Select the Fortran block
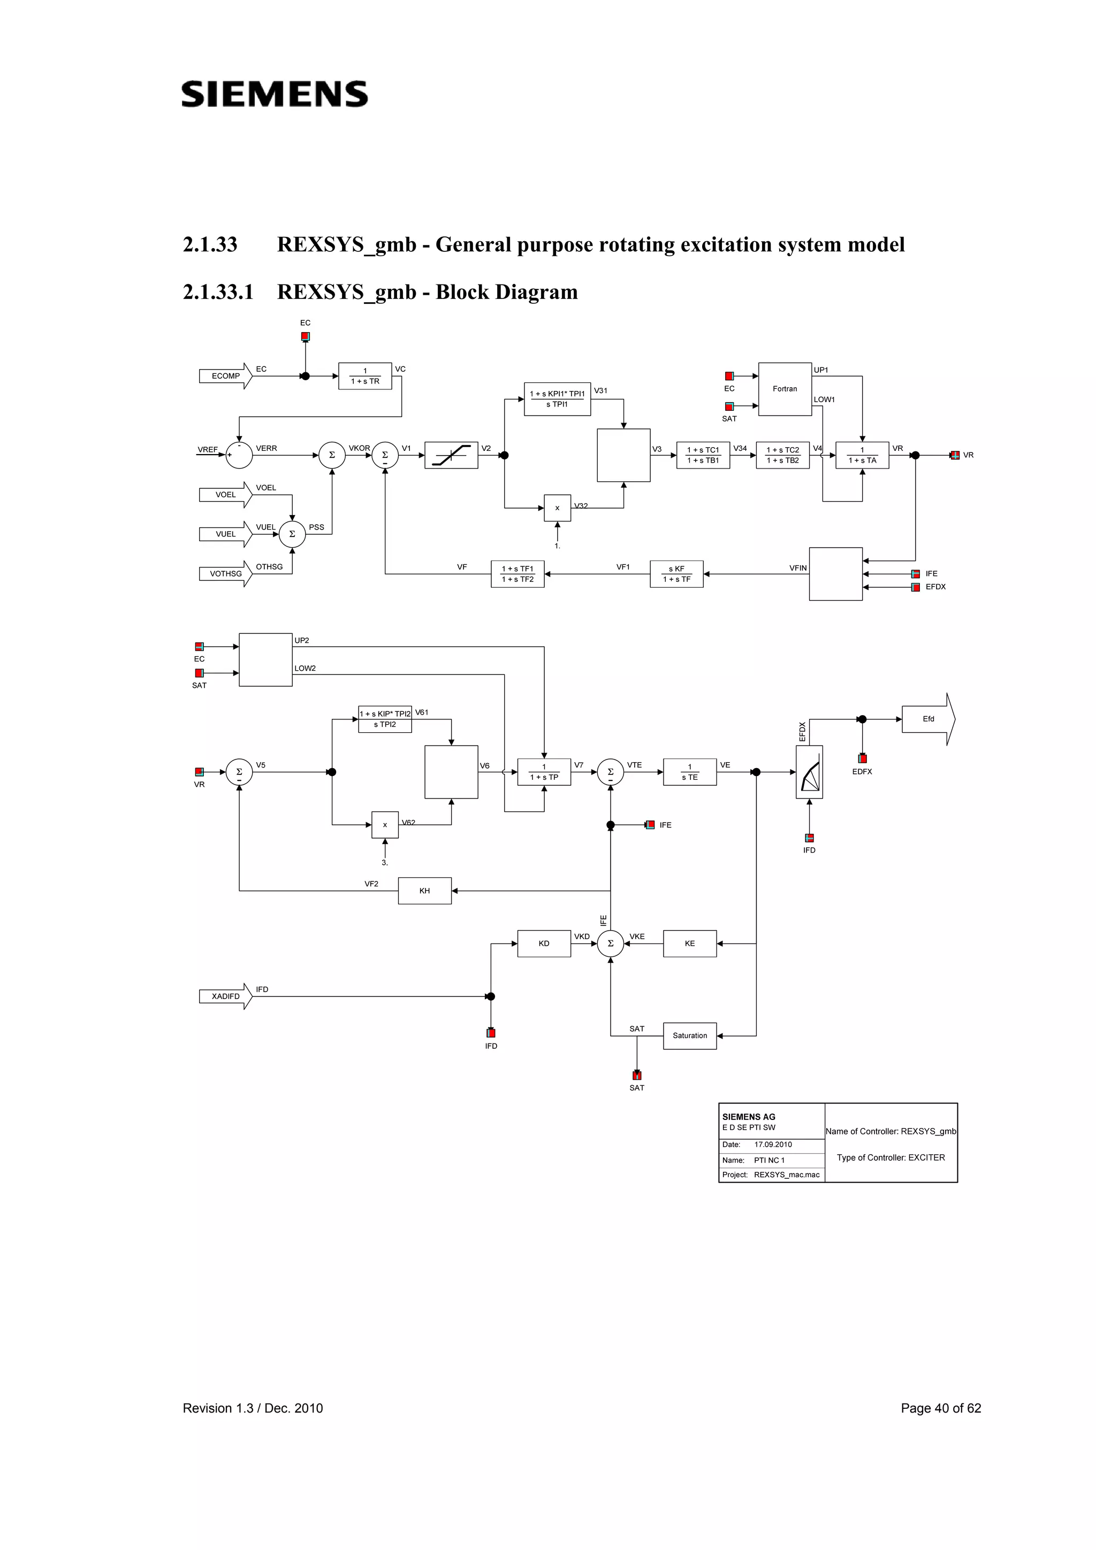click(784, 389)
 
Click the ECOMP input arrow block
click(225, 376)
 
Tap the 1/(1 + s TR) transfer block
click(364, 376)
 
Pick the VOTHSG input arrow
click(225, 574)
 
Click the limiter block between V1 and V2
click(451, 455)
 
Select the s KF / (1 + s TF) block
click(676, 574)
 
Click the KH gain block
click(424, 891)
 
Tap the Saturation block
click(689, 1035)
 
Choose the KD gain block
click(544, 943)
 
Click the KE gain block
click(689, 943)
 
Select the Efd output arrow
click(928, 719)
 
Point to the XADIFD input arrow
click(225, 996)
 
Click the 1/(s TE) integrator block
click(689, 772)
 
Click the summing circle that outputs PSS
click(292, 534)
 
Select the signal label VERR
click(266, 448)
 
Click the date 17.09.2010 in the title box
click(773, 1144)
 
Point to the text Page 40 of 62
click(940, 1408)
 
